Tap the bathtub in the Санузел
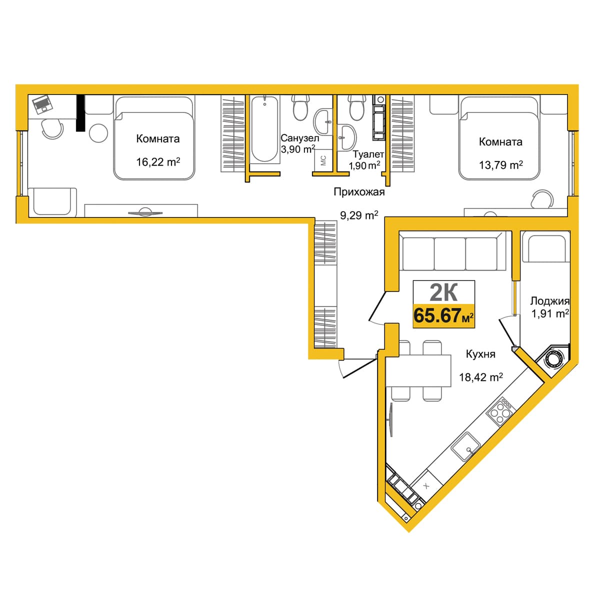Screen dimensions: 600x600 [x=264, y=129]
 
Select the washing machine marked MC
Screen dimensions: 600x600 [x=323, y=160]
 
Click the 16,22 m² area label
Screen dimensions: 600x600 [x=158, y=162]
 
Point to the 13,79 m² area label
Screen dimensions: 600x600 [x=500, y=164]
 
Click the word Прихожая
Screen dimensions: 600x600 [x=359, y=192]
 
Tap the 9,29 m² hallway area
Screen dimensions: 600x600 [x=359, y=215]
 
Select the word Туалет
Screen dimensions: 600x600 [x=368, y=154]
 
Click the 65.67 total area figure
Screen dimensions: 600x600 [x=437, y=315]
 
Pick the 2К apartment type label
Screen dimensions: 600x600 [x=443, y=292]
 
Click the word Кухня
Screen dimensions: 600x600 [x=480, y=354]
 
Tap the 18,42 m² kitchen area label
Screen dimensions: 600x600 [x=480, y=377]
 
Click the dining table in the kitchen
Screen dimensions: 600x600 [x=418, y=370]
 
